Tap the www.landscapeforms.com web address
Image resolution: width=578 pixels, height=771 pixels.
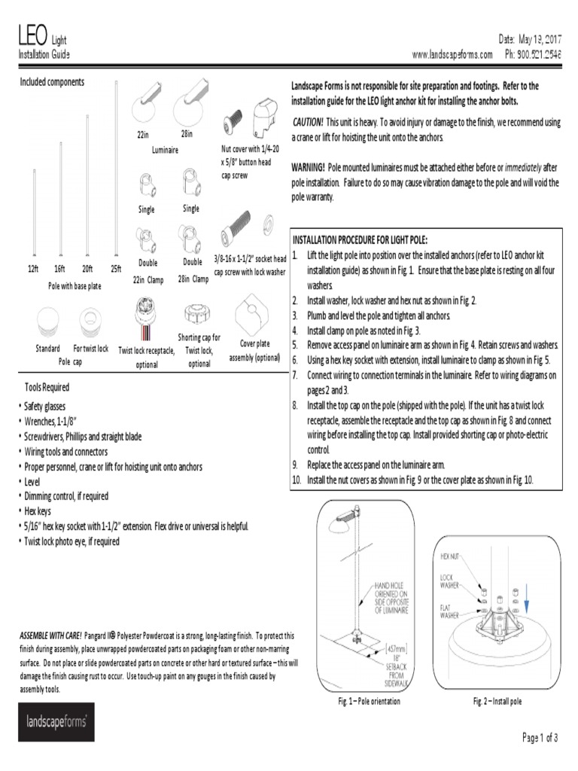point(452,54)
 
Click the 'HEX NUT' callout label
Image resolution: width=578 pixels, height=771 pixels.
point(451,557)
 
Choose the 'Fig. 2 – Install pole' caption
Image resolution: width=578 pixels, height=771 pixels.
point(497,702)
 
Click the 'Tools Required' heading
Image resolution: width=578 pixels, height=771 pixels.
point(47,387)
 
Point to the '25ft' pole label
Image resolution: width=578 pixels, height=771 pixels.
point(116,269)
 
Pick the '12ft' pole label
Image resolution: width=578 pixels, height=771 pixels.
point(34,269)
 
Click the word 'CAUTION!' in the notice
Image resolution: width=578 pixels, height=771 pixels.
point(308,122)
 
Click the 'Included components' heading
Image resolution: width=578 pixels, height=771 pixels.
point(52,81)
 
